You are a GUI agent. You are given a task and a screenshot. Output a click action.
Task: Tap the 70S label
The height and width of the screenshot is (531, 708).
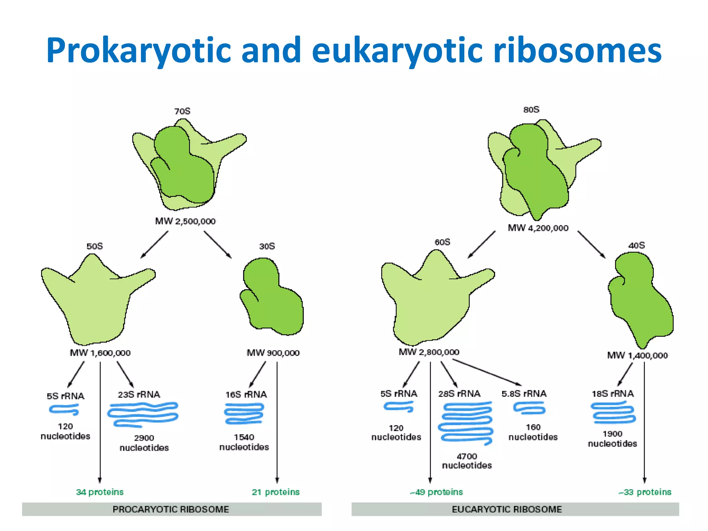click(x=182, y=111)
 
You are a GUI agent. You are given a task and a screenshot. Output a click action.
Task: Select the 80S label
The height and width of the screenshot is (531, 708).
click(x=531, y=110)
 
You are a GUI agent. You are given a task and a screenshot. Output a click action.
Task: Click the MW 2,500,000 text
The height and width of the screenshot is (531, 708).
click(x=185, y=221)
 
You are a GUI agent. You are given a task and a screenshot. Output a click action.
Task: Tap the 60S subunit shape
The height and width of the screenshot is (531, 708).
click(x=432, y=304)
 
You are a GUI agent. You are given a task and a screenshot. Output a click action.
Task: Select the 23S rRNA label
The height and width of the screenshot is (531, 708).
click(x=139, y=394)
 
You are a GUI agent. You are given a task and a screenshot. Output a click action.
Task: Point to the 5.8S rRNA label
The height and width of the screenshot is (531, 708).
click(x=524, y=394)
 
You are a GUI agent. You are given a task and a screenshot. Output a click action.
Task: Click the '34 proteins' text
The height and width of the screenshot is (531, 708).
click(x=100, y=492)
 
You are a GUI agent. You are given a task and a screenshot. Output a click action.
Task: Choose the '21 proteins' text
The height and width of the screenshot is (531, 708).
click(x=276, y=492)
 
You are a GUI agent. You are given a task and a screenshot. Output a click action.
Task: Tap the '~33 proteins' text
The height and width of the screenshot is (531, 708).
click(x=645, y=492)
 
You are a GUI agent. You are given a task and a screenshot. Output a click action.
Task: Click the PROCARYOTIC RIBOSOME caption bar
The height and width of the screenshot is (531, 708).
click(x=171, y=509)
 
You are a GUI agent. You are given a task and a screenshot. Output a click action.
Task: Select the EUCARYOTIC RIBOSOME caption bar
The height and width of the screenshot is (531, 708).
click(x=515, y=509)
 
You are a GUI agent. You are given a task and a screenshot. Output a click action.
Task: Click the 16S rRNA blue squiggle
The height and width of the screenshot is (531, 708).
click(x=244, y=414)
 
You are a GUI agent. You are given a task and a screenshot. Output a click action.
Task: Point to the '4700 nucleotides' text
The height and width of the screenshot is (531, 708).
click(x=467, y=461)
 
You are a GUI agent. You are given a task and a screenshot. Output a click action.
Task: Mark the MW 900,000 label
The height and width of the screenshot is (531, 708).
click(x=273, y=353)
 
